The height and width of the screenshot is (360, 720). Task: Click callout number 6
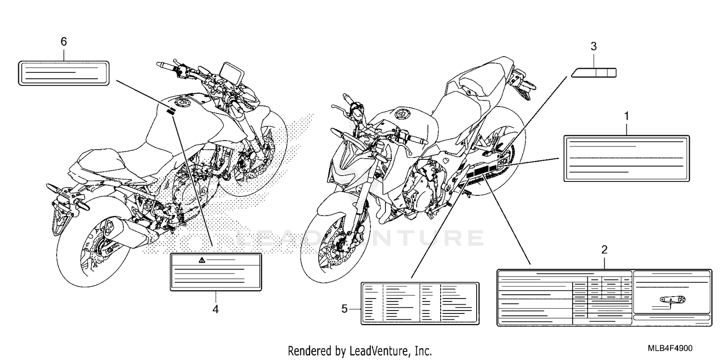pos(64,41)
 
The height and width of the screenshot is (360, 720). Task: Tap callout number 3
pos(594,47)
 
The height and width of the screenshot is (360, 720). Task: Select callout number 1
pos(626,116)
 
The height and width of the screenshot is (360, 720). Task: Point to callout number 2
pos(604,250)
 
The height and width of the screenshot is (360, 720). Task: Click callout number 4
pos(216,309)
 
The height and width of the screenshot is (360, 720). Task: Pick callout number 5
pos(344,309)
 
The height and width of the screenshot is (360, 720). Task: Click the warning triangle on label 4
pos(202,260)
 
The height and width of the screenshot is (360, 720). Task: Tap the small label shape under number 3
pos(594,73)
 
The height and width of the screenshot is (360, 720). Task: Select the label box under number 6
pos(64,73)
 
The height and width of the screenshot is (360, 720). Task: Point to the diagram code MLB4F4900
pos(670,348)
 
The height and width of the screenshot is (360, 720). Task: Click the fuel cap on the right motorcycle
pos(401,113)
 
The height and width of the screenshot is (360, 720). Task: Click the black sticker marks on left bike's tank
pos(171,111)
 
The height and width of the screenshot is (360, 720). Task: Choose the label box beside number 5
pos(420,304)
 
